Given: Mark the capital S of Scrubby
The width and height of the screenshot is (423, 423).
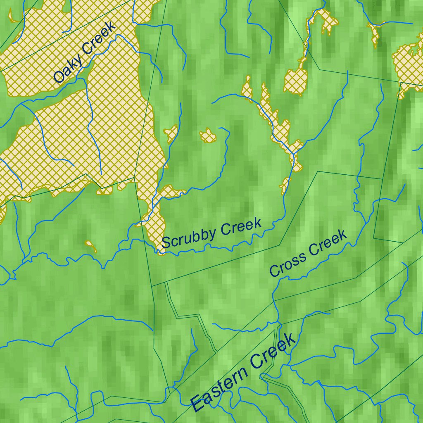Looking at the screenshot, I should pos(166,242).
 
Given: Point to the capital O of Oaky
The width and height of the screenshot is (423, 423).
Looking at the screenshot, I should pos(59,77).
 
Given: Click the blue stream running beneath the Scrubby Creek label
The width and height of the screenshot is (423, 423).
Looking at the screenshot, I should pos(215,247).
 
